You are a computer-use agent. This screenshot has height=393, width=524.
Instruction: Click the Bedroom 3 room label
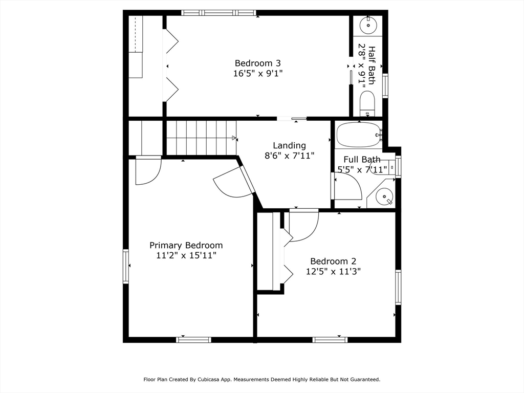click(257, 63)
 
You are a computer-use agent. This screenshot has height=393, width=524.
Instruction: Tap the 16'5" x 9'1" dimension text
click(257, 73)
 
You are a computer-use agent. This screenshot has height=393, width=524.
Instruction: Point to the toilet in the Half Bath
click(367, 103)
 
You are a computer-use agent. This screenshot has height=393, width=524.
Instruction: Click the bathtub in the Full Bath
click(358, 135)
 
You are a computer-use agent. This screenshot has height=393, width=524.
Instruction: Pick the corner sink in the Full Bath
click(383, 195)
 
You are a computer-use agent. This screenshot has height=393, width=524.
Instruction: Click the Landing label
click(289, 145)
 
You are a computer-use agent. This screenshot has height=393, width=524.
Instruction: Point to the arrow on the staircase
click(234, 138)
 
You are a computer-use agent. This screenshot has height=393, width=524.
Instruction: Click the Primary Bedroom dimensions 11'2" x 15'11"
click(186, 255)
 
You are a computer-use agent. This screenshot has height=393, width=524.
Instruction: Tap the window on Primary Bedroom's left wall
click(126, 266)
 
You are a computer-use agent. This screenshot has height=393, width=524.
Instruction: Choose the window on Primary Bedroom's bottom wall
click(193, 339)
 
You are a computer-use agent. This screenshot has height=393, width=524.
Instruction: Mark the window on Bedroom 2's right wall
click(398, 287)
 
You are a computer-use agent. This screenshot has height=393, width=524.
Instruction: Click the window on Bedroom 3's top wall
click(219, 13)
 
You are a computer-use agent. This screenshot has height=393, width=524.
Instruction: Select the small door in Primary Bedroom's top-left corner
click(148, 170)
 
